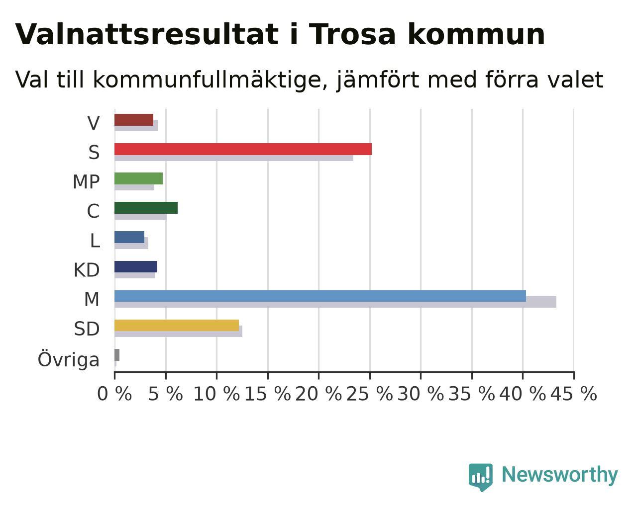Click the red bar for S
(243, 149)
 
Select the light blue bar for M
(320, 296)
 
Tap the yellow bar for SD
(177, 326)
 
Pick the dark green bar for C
(146, 208)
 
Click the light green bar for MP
(138, 178)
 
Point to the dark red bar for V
(134, 120)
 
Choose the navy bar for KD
(136, 267)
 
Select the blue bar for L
(129, 237)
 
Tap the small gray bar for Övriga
(117, 355)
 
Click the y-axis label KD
(87, 270)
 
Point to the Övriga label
(69, 359)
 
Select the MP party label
(86, 181)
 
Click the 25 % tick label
(369, 394)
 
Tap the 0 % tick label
(114, 394)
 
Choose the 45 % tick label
(574, 394)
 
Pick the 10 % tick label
(216, 394)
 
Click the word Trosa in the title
(352, 34)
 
